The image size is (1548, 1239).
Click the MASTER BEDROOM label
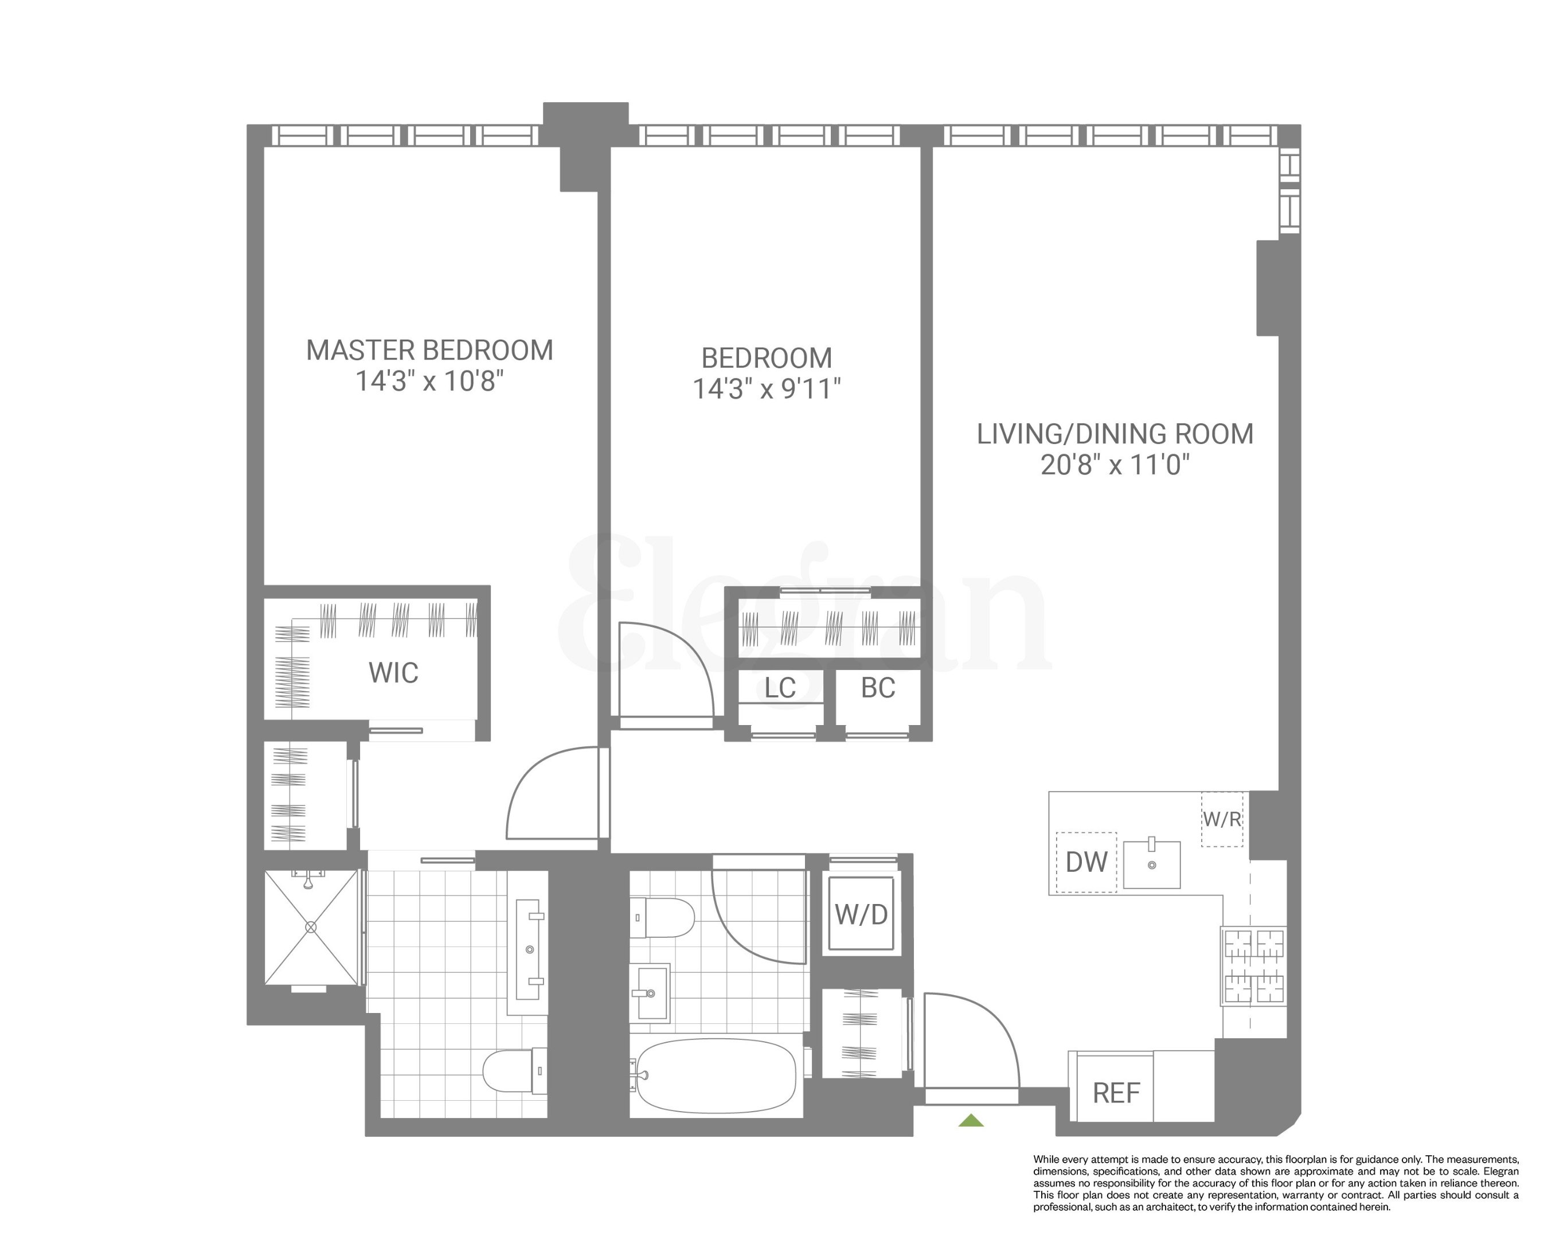pyautogui.click(x=429, y=350)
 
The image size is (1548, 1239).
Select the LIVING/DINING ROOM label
pyautogui.click(x=1115, y=434)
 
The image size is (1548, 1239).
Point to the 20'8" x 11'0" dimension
pyautogui.click(x=1115, y=465)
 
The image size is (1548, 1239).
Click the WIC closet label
pyautogui.click(x=393, y=673)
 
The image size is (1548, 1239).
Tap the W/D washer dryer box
pyautogui.click(x=861, y=915)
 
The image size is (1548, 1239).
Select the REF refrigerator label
pyautogui.click(x=1116, y=1093)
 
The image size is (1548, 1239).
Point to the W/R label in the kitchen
pyautogui.click(x=1221, y=819)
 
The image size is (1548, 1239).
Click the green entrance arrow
pyautogui.click(x=971, y=1120)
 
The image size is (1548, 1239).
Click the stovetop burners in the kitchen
pyautogui.click(x=1253, y=965)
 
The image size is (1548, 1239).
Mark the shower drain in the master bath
pyautogui.click(x=311, y=928)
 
